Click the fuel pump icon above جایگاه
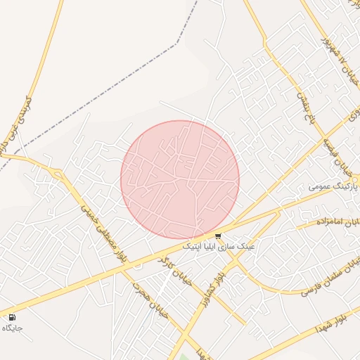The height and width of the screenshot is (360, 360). (13, 317)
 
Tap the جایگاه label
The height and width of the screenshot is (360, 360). (13, 328)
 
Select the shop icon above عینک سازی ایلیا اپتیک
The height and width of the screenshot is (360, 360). (218, 236)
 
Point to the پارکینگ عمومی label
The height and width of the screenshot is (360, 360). (328, 187)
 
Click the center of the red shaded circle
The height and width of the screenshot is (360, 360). (180, 180)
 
